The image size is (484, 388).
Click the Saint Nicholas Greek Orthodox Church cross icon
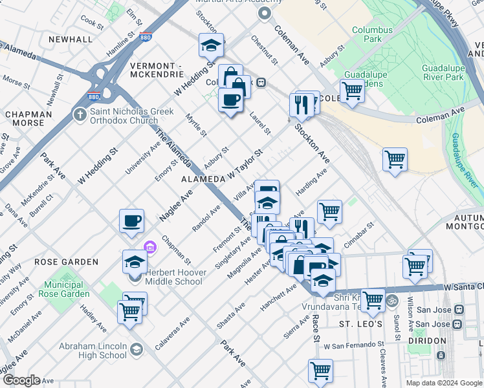click(x=80, y=115)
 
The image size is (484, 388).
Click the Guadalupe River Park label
click(x=443, y=72)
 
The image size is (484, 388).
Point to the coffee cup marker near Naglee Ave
click(x=132, y=221)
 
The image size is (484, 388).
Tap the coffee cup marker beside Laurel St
click(x=230, y=100)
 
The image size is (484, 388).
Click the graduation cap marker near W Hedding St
click(x=211, y=45)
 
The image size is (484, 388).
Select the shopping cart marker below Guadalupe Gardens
click(x=352, y=91)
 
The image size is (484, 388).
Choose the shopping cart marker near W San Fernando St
click(x=320, y=371)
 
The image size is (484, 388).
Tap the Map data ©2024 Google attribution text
click(x=444, y=383)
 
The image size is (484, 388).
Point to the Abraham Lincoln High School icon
click(x=137, y=350)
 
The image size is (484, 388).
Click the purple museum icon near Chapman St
click(x=150, y=246)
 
